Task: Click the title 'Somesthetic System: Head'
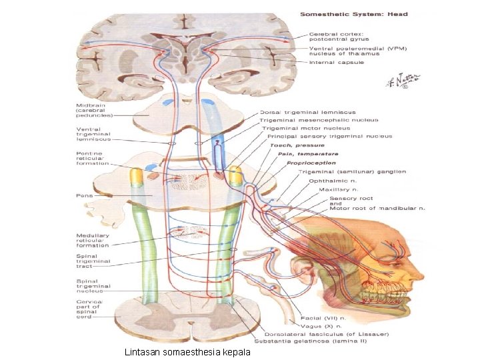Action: coord(353,14)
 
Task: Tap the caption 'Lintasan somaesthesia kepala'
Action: coord(187,351)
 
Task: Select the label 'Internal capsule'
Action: coord(337,63)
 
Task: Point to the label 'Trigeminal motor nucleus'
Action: coord(305,128)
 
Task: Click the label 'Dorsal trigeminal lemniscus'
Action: coord(307,112)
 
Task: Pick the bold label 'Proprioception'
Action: coord(312,163)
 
